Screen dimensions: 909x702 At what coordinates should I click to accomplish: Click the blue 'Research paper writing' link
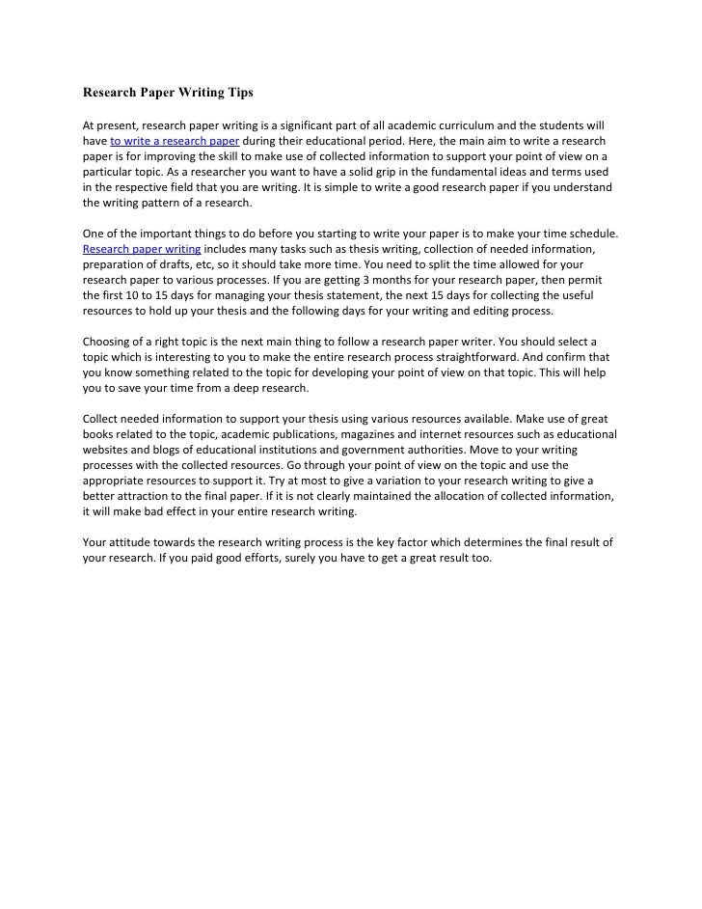(x=142, y=249)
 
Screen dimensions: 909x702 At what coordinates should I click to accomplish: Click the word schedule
(x=592, y=234)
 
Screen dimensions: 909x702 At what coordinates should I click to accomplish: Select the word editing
(x=485, y=311)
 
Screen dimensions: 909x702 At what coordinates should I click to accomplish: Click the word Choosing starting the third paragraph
(x=107, y=342)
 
